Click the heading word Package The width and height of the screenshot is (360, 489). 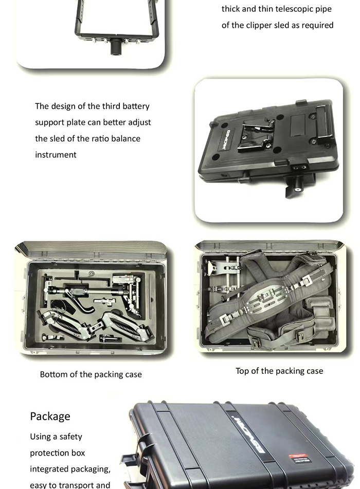(x=50, y=416)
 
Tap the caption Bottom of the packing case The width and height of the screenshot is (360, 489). (x=91, y=374)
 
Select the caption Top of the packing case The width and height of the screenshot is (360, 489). (x=279, y=371)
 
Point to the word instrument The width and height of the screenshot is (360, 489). (x=56, y=155)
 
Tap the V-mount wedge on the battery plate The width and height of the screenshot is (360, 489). (x=257, y=136)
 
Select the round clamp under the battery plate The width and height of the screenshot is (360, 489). (x=297, y=185)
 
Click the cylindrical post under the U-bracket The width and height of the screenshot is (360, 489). (x=116, y=47)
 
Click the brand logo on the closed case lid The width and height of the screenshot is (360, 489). (x=248, y=434)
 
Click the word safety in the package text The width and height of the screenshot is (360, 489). (x=70, y=437)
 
